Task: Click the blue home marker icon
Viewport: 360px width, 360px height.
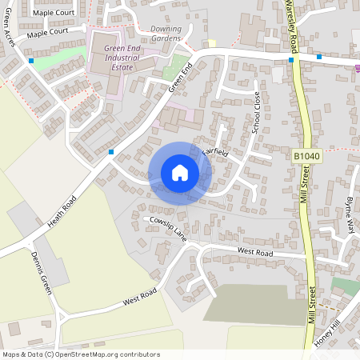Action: [x=179, y=173]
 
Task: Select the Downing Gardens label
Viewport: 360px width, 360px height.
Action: [x=166, y=34]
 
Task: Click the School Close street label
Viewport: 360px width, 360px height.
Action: [x=256, y=112]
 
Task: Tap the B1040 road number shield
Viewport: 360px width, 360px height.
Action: [x=306, y=158]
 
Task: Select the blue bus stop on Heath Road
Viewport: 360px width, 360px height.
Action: [x=111, y=151]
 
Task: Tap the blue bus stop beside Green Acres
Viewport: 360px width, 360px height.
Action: [x=30, y=61]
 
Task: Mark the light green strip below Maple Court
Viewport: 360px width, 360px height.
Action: [x=64, y=54]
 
